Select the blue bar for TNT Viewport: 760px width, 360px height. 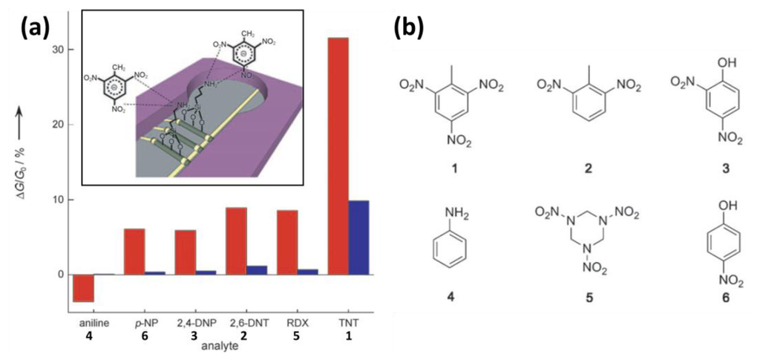click(358, 238)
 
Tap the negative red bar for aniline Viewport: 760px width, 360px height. click(83, 288)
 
